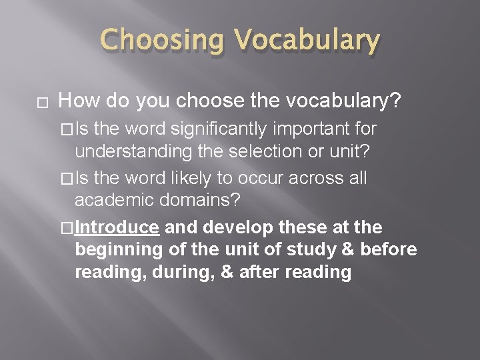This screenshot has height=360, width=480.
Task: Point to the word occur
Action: (263, 178)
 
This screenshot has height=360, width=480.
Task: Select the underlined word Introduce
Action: (117, 228)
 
